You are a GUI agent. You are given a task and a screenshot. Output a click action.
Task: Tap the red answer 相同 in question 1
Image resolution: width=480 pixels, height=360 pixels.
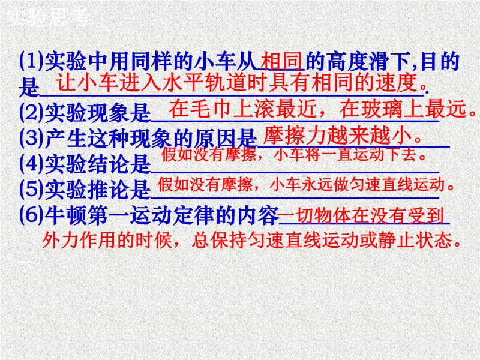(x=282, y=62)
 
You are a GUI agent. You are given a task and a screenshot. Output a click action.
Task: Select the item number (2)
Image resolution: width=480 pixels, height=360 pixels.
(x=32, y=113)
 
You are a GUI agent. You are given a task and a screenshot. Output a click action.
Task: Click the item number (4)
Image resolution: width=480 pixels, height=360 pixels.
(x=32, y=164)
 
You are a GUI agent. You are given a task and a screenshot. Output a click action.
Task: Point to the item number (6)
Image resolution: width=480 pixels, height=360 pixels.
(x=32, y=215)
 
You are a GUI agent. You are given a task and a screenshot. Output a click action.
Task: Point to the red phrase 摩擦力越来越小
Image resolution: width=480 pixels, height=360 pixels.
(x=337, y=136)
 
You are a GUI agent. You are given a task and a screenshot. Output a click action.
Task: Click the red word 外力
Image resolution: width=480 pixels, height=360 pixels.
(x=61, y=240)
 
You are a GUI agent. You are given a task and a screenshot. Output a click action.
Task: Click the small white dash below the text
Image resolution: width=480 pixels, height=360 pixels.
(x=25, y=262)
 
